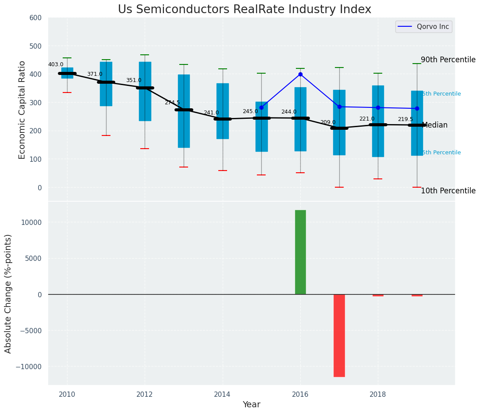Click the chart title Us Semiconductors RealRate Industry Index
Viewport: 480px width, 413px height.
click(244, 10)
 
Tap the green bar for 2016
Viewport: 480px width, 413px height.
click(300, 252)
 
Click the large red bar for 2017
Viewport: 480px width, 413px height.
click(339, 335)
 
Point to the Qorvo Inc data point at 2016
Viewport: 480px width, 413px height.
click(300, 74)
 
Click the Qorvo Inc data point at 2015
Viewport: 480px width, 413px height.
click(261, 107)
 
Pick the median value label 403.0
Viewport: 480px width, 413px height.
click(56, 64)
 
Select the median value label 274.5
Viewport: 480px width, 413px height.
click(172, 103)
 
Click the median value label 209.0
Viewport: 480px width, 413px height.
click(328, 122)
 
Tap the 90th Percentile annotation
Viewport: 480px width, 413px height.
click(448, 60)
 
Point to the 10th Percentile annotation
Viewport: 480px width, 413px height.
click(448, 191)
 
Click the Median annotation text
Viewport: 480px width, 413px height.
click(435, 125)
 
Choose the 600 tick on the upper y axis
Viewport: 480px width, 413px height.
click(36, 18)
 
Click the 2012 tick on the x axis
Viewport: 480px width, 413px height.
click(145, 395)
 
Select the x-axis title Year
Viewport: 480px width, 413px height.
click(252, 405)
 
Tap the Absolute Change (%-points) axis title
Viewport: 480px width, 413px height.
click(8, 293)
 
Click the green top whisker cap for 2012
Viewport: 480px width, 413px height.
click(145, 55)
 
